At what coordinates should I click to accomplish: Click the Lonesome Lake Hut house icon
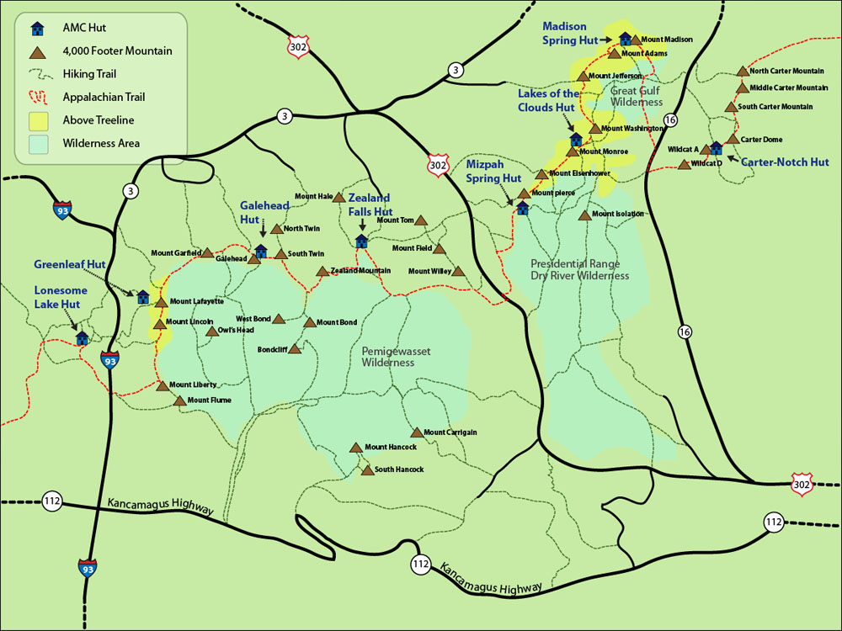pos(82,337)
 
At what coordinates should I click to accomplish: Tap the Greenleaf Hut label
pos(70,264)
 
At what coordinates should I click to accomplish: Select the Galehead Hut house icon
pos(260,251)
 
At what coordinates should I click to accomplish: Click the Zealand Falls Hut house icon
pos(361,241)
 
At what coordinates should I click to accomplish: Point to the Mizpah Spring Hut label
pos(494,172)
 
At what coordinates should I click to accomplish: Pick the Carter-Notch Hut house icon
pos(715,148)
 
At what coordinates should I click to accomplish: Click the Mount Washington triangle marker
pos(594,129)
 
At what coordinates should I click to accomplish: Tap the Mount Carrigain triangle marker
pos(416,432)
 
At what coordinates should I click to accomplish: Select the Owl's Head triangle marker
pos(210,331)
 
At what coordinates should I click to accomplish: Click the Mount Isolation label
pos(617,215)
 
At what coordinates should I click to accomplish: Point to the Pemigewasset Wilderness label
pos(388,356)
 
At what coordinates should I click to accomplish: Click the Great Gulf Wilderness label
pos(637,96)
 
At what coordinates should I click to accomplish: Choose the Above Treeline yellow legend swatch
pos(38,119)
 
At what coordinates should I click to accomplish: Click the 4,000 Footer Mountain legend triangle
pos(38,51)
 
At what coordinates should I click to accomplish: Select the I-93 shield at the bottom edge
pos(87,567)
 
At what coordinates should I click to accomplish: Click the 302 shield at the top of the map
pos(296,45)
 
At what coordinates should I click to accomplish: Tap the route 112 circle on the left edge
pos(52,502)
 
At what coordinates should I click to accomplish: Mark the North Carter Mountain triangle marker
pos(742,72)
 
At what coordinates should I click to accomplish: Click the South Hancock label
pos(398,469)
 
